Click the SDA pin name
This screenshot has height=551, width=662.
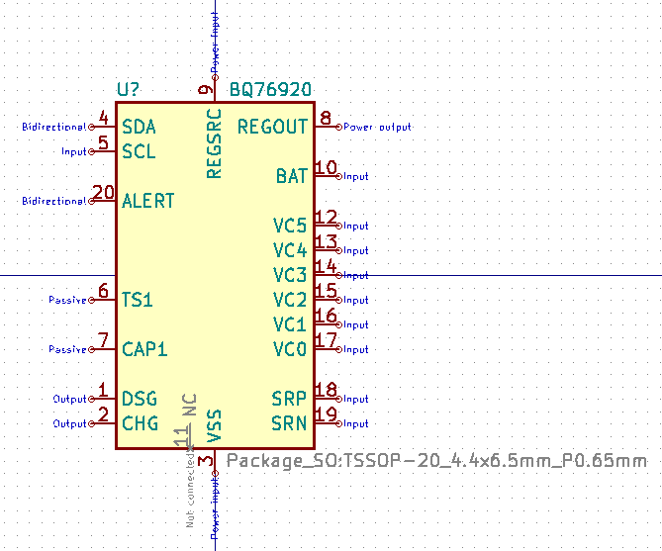tap(139, 127)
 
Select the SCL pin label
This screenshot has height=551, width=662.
tap(139, 151)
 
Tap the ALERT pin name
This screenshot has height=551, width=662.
tap(148, 201)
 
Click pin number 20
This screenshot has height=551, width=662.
tap(103, 193)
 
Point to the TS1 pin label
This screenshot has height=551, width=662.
tap(138, 300)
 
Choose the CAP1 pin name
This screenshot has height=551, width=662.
tap(144, 349)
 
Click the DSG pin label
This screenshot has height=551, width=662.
tap(140, 399)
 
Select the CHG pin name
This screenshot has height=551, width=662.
tap(140, 423)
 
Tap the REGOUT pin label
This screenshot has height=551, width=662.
tap(272, 127)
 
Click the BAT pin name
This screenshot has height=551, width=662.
tap(292, 176)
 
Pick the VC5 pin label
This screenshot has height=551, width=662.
tap(290, 226)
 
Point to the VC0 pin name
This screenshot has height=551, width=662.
tap(290, 349)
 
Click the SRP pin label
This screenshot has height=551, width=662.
tap(290, 399)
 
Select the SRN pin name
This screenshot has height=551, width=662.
tap(290, 423)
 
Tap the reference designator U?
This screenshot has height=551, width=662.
tap(129, 90)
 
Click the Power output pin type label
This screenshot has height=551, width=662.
tap(377, 127)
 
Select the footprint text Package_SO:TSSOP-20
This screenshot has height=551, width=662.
tap(436, 461)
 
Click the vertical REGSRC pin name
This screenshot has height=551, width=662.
tap(214, 143)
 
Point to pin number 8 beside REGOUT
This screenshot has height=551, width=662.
tap(325, 119)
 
